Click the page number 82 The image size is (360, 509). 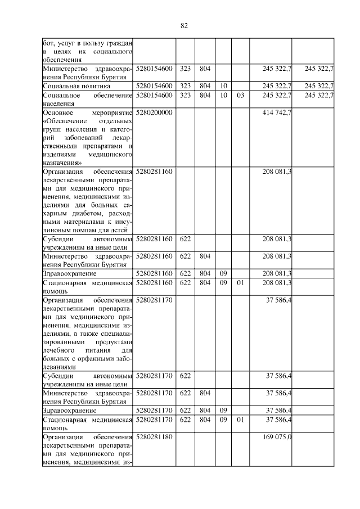(x=183, y=25)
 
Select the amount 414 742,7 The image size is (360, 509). (x=277, y=113)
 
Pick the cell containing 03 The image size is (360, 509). (x=240, y=96)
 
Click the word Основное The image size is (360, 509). (x=58, y=113)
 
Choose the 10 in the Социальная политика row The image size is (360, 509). (x=223, y=86)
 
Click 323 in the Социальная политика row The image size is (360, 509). (x=185, y=86)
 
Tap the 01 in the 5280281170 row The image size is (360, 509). (x=240, y=420)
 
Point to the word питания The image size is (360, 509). (x=89, y=351)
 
